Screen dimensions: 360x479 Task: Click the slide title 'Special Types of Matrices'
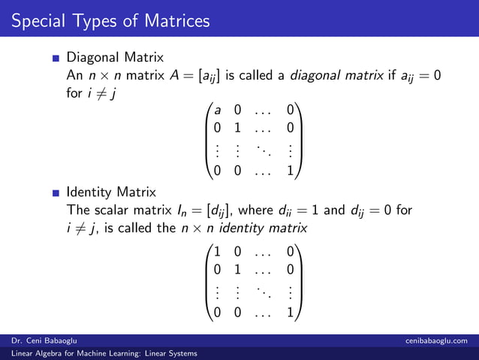[x=110, y=20]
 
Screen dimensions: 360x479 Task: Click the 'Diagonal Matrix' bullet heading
[x=115, y=57]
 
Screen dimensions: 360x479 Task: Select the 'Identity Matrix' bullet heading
[x=111, y=192]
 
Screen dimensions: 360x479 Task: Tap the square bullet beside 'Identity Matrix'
[x=56, y=192]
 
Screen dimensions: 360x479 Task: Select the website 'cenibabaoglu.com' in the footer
[x=437, y=341]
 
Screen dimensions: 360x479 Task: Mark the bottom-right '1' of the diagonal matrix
[x=290, y=171]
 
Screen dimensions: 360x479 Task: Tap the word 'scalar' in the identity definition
[x=113, y=209]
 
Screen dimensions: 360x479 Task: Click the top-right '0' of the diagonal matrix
[x=290, y=109]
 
